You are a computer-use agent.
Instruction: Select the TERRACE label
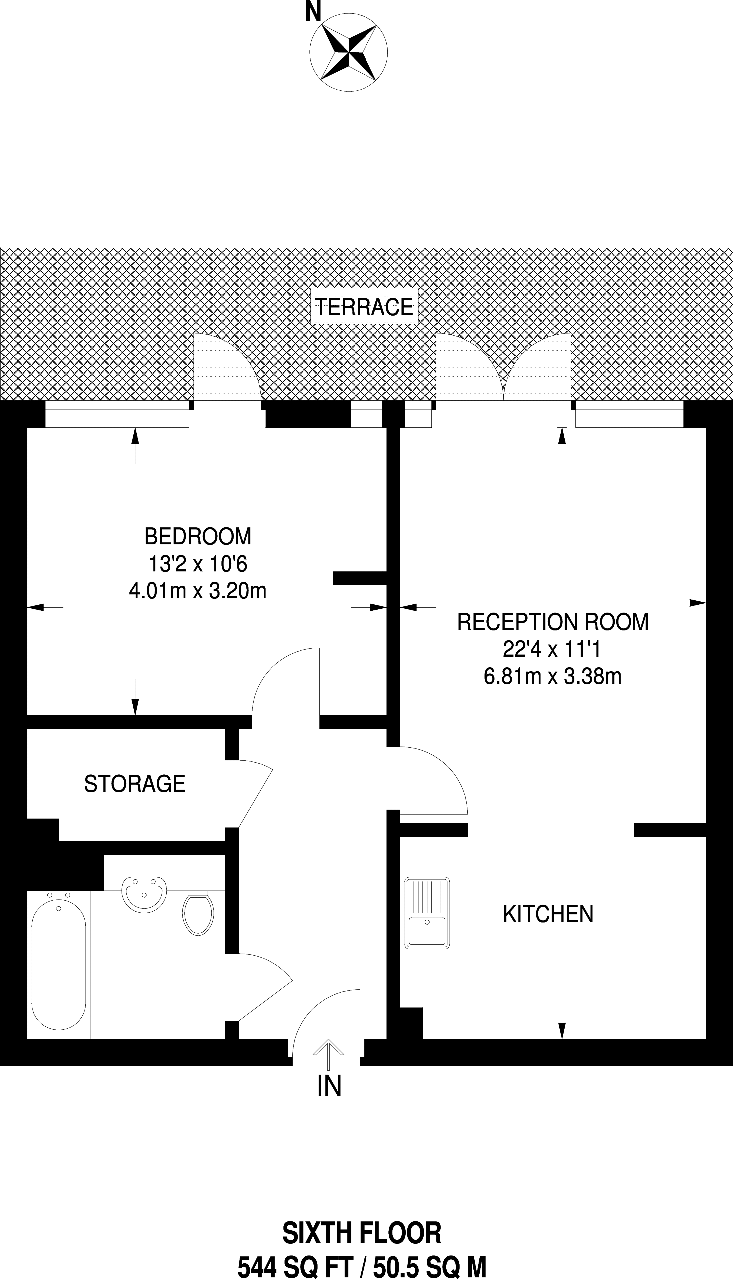(x=364, y=306)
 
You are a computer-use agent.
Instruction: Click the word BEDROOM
(x=197, y=536)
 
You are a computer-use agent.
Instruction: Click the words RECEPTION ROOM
(x=553, y=622)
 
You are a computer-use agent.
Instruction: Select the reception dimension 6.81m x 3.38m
(x=553, y=676)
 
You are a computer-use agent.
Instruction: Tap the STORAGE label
(x=134, y=784)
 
